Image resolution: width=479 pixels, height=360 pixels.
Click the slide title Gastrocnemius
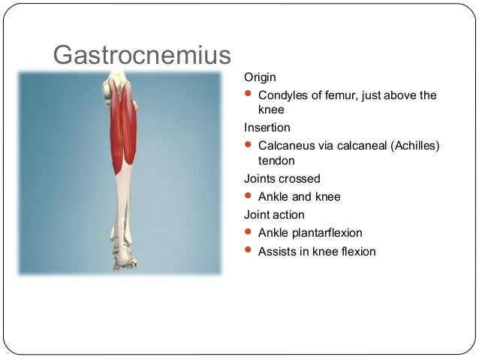pos(141,54)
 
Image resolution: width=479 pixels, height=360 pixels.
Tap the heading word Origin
pos(260,77)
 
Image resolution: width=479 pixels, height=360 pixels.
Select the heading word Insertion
pos(267,127)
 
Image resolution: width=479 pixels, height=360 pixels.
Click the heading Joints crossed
pos(282,179)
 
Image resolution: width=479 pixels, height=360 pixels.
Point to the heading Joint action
pos(274,215)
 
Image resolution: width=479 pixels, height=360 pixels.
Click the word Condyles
pos(283,95)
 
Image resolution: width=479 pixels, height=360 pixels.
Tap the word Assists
pos(277,251)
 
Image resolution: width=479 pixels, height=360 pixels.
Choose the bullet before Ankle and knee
pos(249,196)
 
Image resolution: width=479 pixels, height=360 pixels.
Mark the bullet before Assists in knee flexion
pos(249,250)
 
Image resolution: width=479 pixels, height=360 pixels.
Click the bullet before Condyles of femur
pos(249,95)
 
